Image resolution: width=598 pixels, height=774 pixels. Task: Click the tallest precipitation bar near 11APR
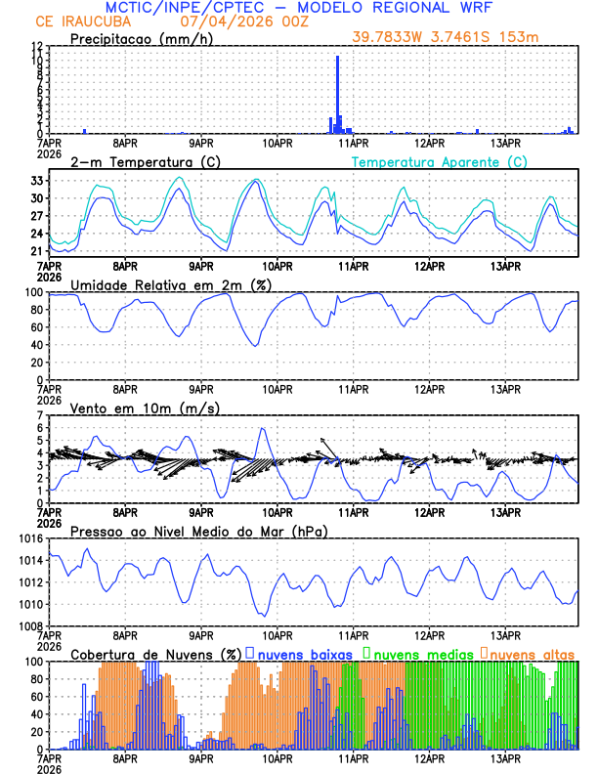[x=338, y=95]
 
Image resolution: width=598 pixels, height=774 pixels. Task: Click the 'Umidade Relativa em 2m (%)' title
[x=170, y=284]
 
